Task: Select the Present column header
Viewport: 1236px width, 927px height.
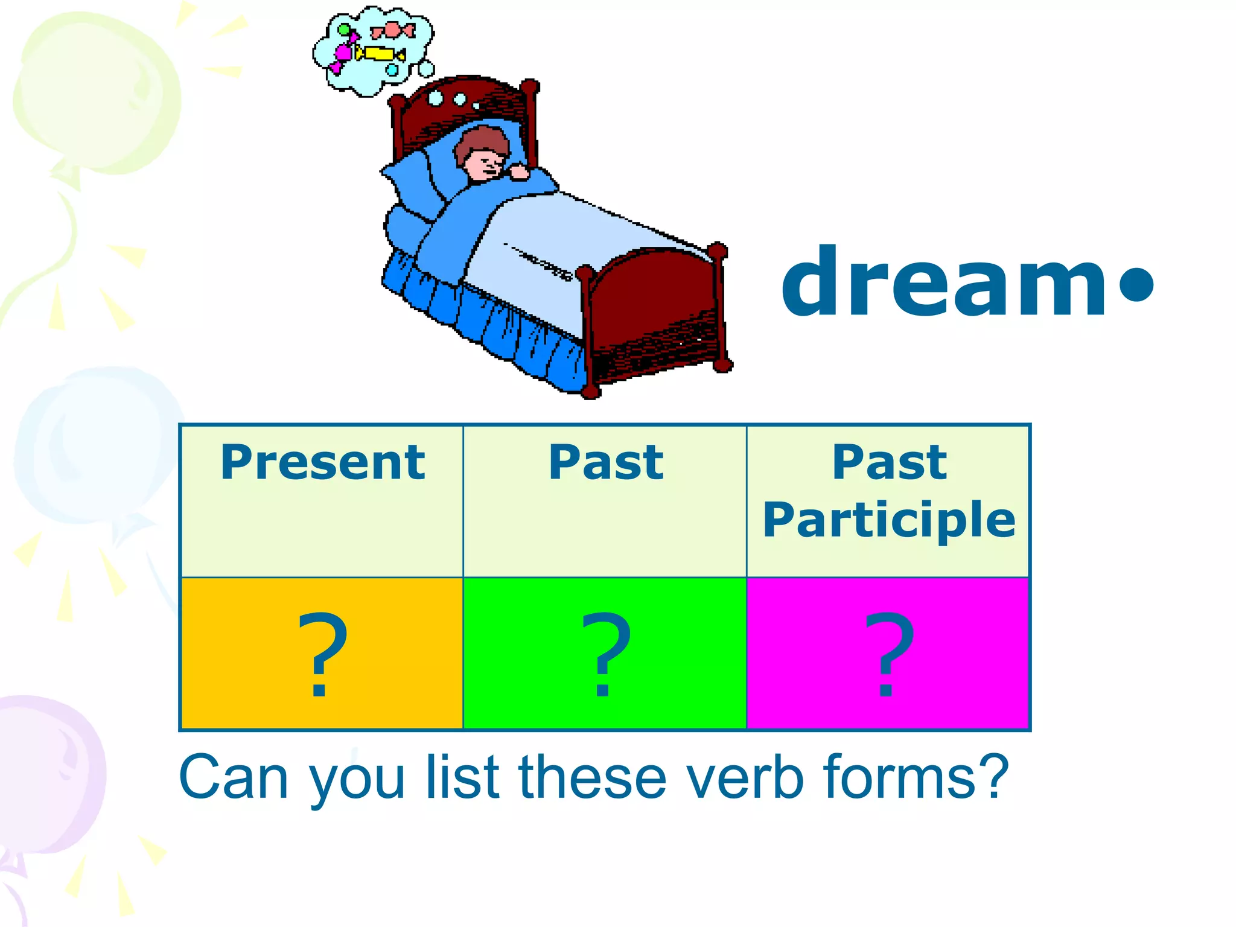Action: pos(322,463)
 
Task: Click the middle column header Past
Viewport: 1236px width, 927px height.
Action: pos(605,463)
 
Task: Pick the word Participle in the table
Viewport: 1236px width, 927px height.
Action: pos(888,520)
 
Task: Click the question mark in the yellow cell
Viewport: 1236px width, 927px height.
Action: pos(322,654)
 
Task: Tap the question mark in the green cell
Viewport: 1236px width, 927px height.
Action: pos(605,654)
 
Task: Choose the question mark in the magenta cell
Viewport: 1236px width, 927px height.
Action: pos(888,654)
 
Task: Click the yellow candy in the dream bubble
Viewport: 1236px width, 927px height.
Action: pos(380,54)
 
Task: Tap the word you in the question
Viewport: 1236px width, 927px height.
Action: pos(356,782)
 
